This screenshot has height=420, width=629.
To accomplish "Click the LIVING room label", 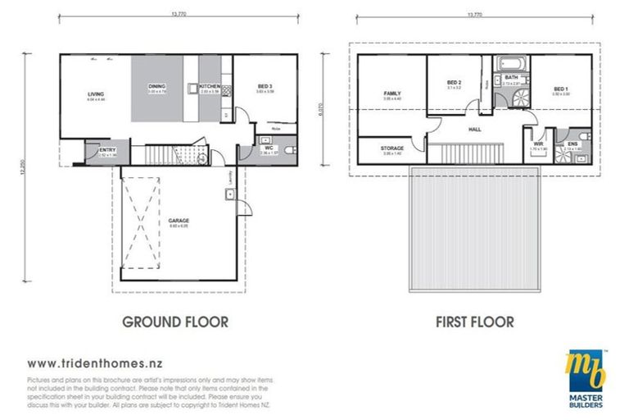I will click(96, 94).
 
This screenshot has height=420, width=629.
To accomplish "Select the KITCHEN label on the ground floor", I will click(209, 86).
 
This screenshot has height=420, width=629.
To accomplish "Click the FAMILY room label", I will click(391, 94).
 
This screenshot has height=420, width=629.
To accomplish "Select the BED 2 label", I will click(455, 83).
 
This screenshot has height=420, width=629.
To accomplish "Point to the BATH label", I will click(511, 77).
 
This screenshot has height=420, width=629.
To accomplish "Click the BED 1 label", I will click(561, 89).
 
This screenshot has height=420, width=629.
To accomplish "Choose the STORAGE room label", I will click(391, 148).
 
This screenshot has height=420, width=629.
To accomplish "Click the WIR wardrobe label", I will click(538, 144).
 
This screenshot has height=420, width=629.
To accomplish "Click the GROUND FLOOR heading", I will click(175, 322).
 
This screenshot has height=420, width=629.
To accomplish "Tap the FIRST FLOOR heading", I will click(475, 322).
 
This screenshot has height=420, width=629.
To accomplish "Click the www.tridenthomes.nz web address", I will click(93, 362).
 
